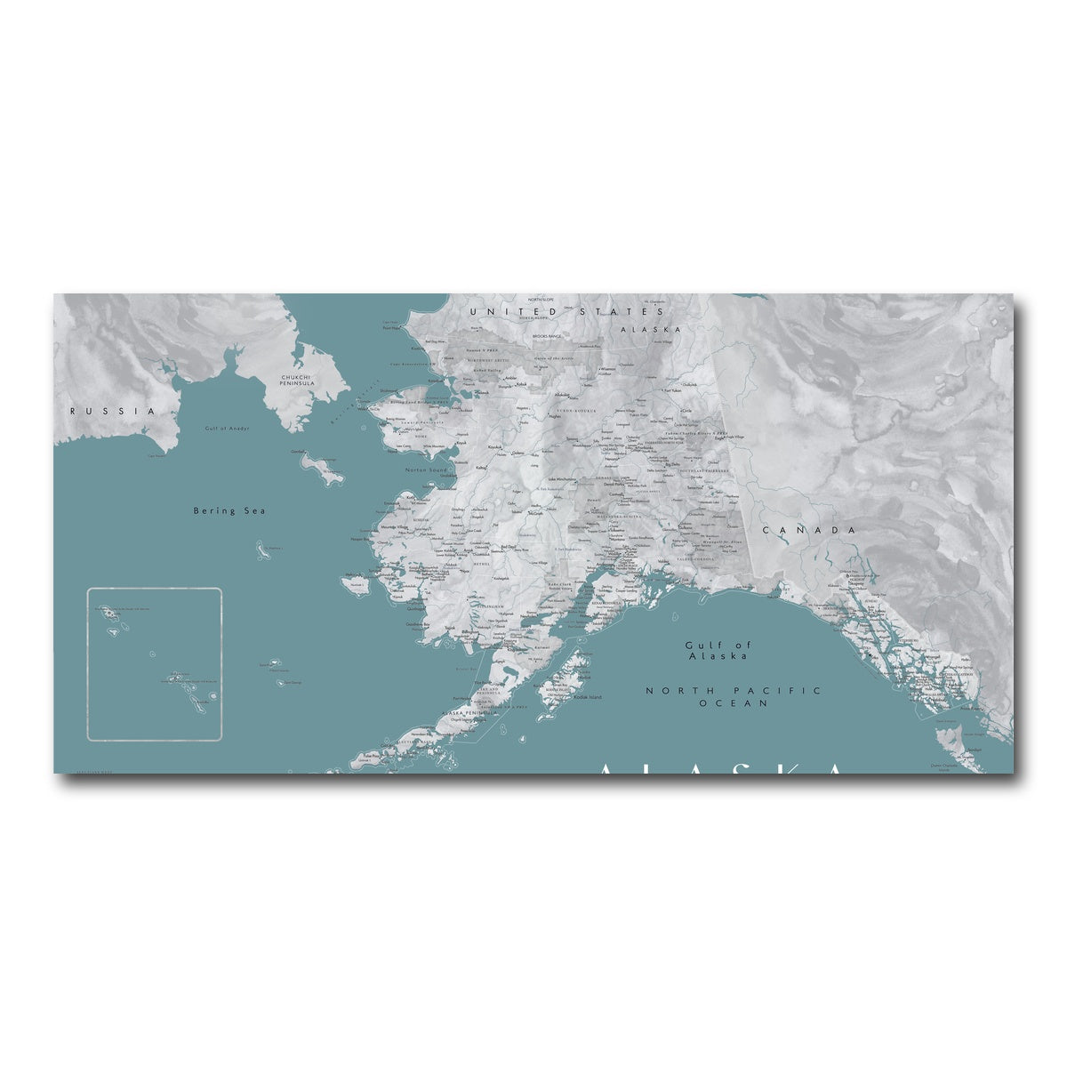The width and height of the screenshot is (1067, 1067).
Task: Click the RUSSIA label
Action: coord(113,411)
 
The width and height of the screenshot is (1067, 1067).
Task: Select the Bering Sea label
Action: coord(229,510)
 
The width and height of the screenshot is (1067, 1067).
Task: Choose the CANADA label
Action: coord(808,530)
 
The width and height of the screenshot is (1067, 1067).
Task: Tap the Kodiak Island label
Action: coord(588,697)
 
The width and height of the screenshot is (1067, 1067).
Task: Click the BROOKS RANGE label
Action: coord(547,336)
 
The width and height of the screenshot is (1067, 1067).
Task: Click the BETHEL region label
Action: coord(481,563)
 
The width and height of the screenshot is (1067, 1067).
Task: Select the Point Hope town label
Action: coord(392,328)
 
